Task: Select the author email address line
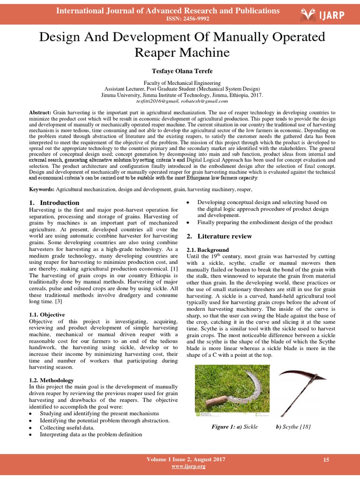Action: tap(182, 101)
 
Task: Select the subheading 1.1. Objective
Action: tap(47, 315)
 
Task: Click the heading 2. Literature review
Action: tap(219, 236)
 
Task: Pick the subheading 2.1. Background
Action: tap(208, 250)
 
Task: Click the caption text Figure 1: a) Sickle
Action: tap(234, 427)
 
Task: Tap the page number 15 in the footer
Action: tap(326, 460)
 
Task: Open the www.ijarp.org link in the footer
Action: tap(188, 466)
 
